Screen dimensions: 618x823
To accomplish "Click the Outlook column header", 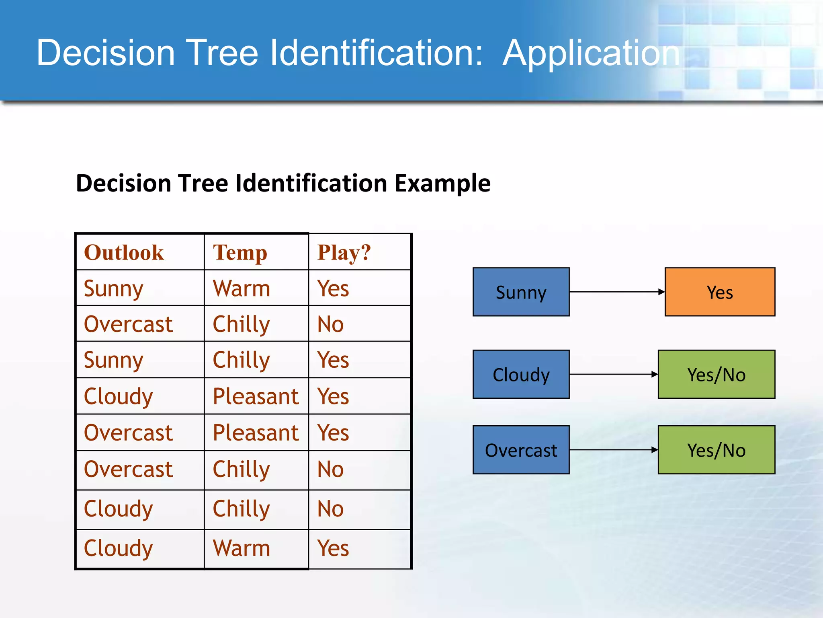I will tap(124, 253).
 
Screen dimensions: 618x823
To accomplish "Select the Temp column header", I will tap(240, 253).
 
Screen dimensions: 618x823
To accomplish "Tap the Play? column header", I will tap(344, 253).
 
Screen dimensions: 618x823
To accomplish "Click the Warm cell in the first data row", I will tap(242, 288).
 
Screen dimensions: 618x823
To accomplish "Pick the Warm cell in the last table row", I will tap(242, 548).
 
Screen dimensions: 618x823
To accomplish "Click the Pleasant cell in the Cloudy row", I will tap(256, 396).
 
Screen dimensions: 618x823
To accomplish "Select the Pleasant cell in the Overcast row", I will tap(256, 433).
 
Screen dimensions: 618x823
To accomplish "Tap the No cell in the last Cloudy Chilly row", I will tap(330, 509).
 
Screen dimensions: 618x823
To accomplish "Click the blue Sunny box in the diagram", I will tap(521, 292).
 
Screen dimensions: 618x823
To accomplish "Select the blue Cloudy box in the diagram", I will tap(521, 375).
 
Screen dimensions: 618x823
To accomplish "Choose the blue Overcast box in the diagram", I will tap(521, 450).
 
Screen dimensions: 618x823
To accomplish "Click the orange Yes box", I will tap(720, 292).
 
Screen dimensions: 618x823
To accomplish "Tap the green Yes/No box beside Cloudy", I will tap(716, 375).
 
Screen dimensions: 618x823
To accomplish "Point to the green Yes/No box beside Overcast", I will tap(716, 450).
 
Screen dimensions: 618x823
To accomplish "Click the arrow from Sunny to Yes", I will tap(616, 292).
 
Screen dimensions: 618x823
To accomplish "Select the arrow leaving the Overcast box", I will tap(613, 450).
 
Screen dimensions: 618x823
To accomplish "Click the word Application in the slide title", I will tap(591, 53).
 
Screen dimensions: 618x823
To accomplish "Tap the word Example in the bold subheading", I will tap(442, 183).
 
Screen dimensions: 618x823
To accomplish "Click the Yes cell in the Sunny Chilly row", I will tap(333, 360).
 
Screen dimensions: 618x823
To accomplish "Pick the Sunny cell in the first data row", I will tap(113, 288).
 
